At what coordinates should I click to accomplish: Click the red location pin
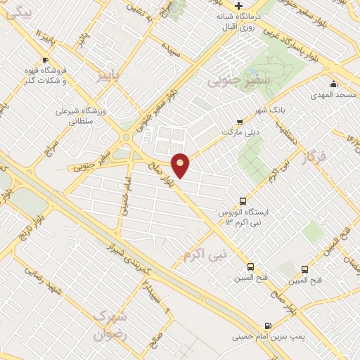tap(181, 164)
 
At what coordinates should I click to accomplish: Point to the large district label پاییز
tap(114, 74)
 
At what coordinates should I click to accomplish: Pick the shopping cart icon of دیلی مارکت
tap(240, 121)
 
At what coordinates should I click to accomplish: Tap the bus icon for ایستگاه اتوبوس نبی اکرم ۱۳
tap(243, 200)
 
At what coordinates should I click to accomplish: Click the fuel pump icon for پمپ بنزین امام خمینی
tap(267, 326)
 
